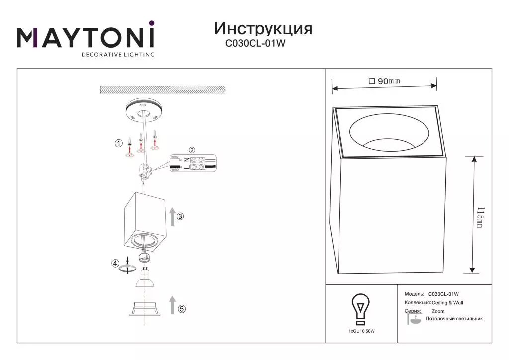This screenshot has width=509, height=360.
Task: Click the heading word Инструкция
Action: pos(263,29)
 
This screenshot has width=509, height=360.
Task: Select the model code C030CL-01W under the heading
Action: pos(255,43)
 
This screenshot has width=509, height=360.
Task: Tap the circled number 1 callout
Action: pos(119,143)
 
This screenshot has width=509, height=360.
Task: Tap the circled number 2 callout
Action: pos(192,150)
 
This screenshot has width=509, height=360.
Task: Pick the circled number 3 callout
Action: pos(180,216)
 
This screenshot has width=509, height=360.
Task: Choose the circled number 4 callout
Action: pos(115,263)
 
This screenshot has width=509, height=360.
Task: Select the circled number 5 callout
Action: pos(182,309)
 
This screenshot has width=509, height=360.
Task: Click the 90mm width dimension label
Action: pos(385,81)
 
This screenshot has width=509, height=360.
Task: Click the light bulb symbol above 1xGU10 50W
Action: pos(361,309)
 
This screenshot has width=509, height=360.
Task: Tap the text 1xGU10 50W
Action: pos(362,331)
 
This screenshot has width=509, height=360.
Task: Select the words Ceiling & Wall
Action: pos(447,302)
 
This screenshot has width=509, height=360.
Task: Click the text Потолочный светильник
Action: pos(454,319)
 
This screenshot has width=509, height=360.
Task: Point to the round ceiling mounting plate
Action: pos(143,111)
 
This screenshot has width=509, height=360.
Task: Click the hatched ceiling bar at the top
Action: pos(163,90)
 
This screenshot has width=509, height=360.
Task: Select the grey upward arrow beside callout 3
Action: pos(172,216)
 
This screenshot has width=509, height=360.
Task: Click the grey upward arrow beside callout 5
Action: pos(172,305)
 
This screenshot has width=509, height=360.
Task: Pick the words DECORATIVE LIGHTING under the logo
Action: pos(118,55)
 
